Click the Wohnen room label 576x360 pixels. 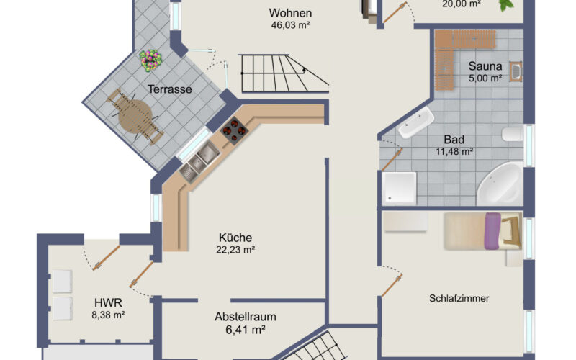click(x=290, y=13)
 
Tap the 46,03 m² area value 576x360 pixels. click(x=290, y=25)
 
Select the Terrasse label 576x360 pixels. click(x=170, y=89)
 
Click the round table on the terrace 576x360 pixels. click(x=135, y=116)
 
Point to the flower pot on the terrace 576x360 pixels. click(x=150, y=60)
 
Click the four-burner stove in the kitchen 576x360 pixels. click(x=234, y=130)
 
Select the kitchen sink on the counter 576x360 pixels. click(x=199, y=161)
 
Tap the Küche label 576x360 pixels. click(x=235, y=238)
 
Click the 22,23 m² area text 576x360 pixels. click(x=235, y=250)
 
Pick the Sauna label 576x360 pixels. click(x=485, y=66)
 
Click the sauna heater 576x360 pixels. click(x=516, y=71)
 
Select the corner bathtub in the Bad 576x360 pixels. click(x=500, y=184)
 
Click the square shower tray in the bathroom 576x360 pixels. click(x=399, y=188)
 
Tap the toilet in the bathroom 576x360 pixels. click(x=513, y=134)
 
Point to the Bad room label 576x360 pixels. click(x=454, y=140)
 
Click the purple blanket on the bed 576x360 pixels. click(x=492, y=231)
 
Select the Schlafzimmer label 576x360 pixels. click(x=459, y=298)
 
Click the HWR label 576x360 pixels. click(x=108, y=302)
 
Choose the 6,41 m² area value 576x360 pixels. click(x=246, y=330)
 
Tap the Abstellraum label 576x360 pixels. click(x=246, y=317)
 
